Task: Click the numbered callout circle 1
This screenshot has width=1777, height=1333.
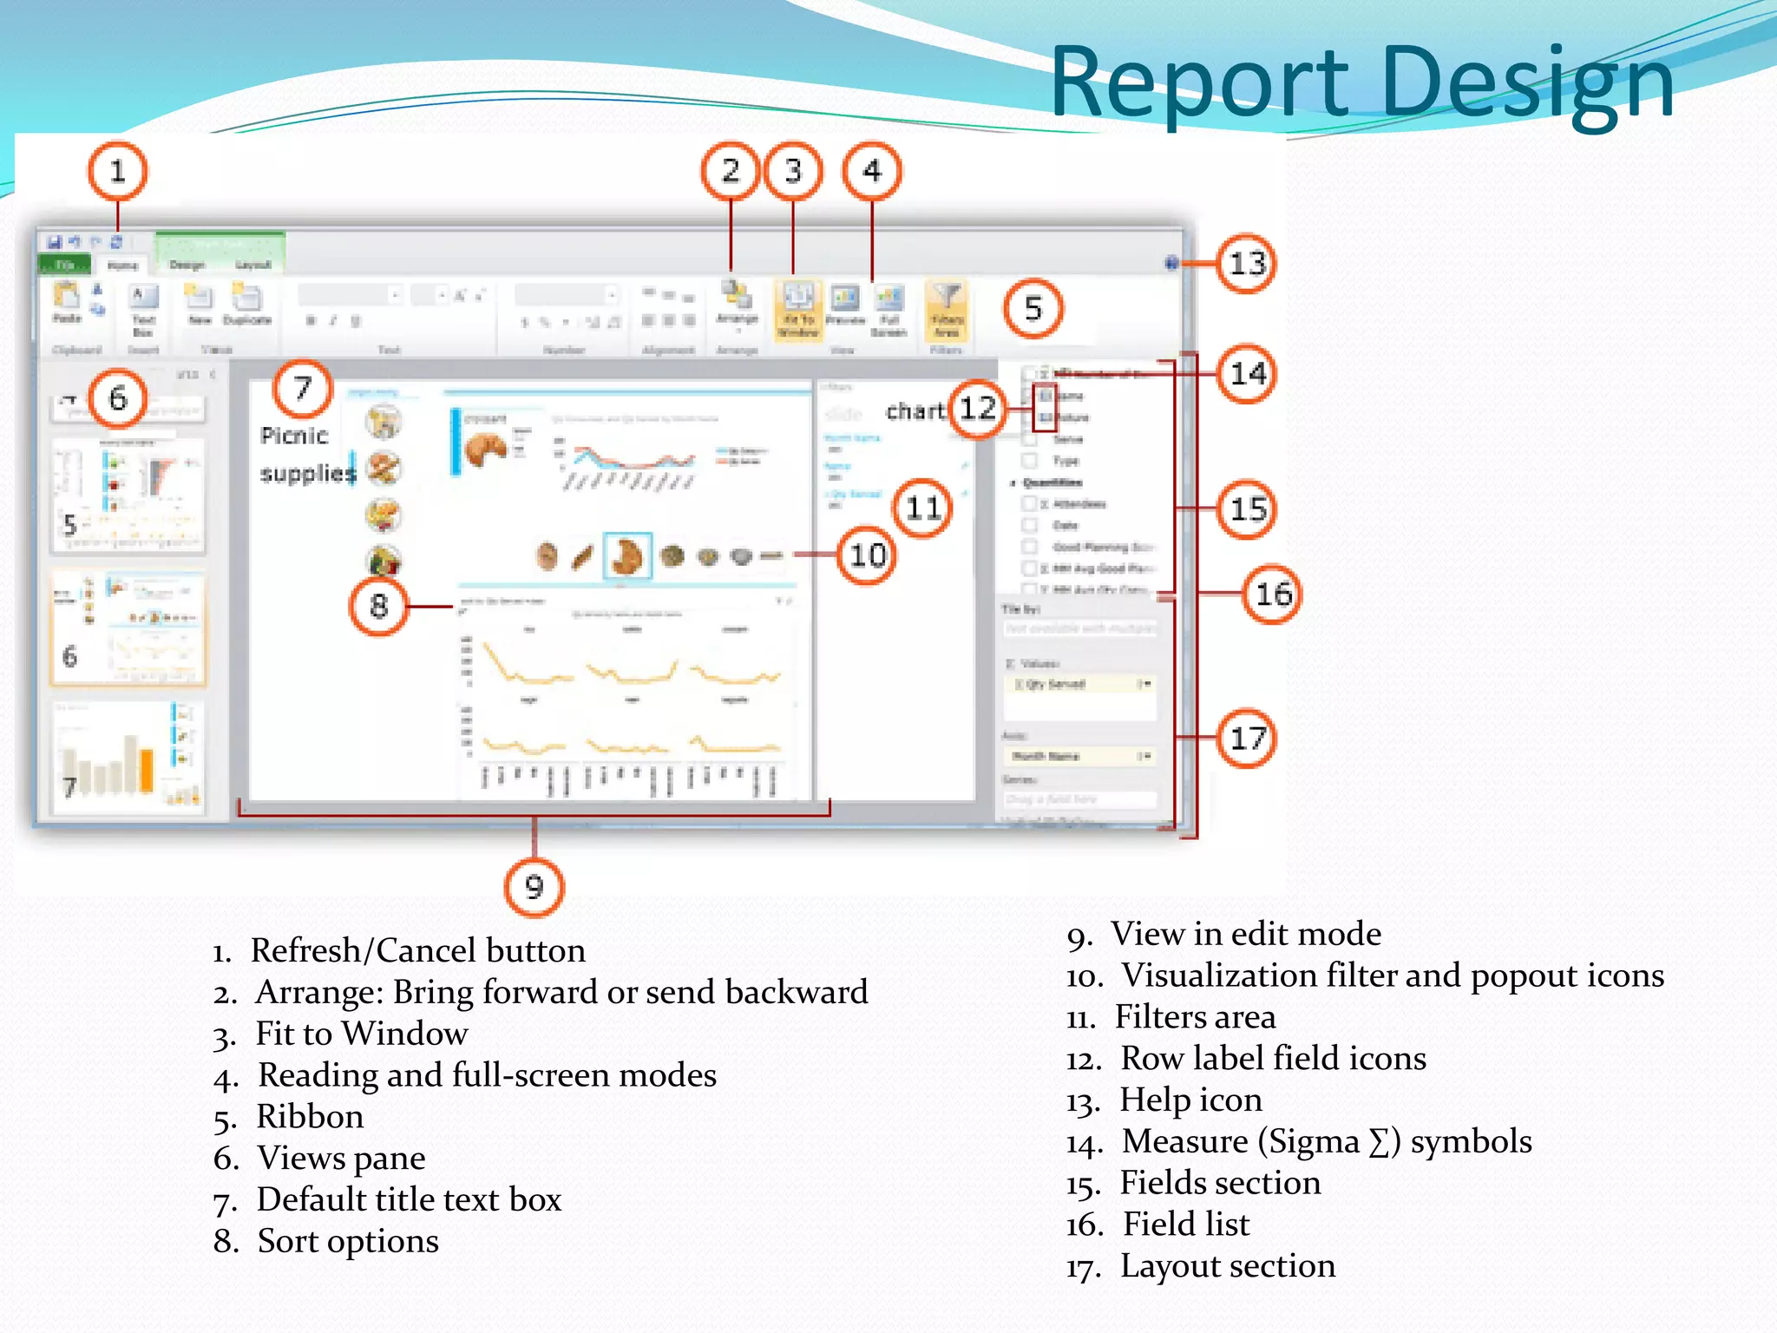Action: pos(118,171)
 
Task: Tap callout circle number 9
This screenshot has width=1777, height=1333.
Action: pos(534,887)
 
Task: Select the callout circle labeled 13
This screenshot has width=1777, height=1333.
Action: pos(1247,263)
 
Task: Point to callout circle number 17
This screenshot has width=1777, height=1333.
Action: pos(1247,739)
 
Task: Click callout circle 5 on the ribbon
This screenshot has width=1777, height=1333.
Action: pos(1033,308)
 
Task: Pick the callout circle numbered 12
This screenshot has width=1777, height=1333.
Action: pos(978,409)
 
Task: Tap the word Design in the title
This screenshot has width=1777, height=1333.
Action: pos(1527,82)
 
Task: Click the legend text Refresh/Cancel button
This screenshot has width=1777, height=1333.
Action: pos(417,951)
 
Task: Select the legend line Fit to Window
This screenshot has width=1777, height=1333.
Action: pos(361,1034)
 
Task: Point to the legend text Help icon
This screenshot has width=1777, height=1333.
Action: pos(1190,1100)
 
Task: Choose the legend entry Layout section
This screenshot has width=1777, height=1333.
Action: pos(1227,1266)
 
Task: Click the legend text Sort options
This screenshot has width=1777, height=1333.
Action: pos(348,1242)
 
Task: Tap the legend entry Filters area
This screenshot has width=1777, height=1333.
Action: pos(1195,1017)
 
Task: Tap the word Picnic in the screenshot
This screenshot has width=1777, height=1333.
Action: pos(294,436)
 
